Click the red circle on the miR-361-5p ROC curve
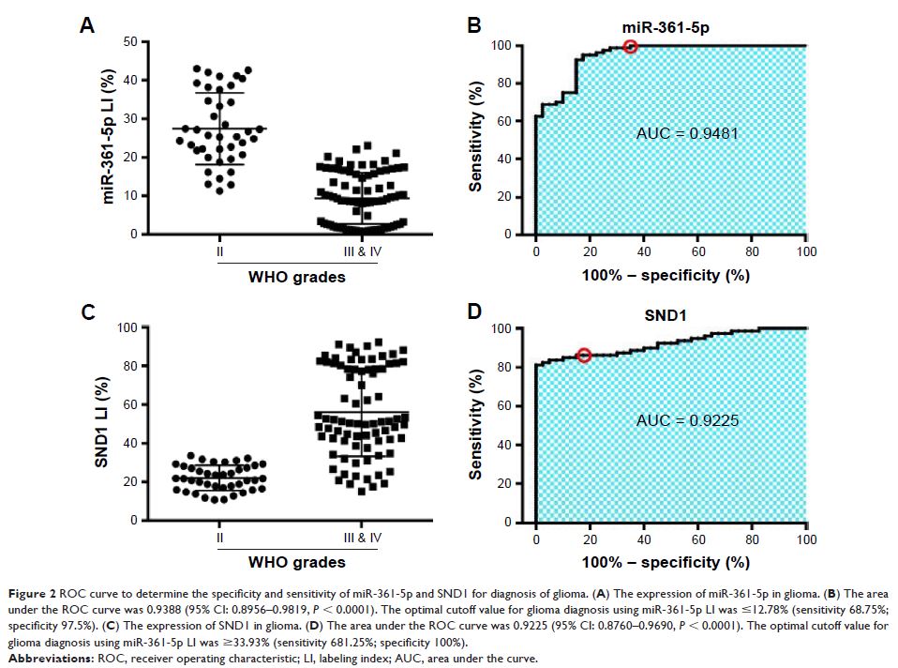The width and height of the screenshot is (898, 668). click(x=631, y=46)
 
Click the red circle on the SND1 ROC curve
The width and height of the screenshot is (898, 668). click(x=584, y=356)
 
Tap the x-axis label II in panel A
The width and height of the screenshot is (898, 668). click(x=218, y=251)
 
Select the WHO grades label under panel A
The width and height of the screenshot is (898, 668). click(x=296, y=276)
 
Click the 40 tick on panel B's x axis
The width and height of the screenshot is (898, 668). click(x=643, y=251)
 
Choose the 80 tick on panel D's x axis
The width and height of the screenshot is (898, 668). click(x=752, y=539)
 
